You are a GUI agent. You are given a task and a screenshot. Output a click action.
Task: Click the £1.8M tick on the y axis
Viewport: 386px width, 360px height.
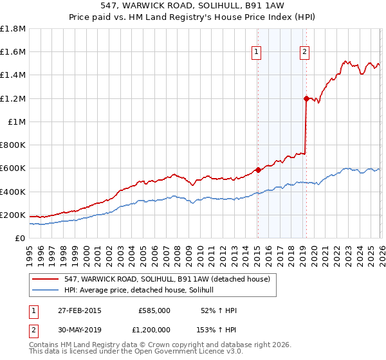coord(13,29)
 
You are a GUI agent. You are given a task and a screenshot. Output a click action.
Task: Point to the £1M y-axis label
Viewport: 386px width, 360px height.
coord(17,122)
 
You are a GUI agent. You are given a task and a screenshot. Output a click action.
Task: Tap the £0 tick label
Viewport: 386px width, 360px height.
coord(20,239)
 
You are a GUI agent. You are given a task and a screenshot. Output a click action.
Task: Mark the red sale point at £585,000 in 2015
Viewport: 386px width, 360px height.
coord(257,170)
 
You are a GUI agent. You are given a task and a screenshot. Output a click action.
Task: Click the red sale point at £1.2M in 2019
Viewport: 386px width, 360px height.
coord(306,98)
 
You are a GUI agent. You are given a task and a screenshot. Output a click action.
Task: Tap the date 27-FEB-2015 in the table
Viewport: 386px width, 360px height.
coord(78,310)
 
